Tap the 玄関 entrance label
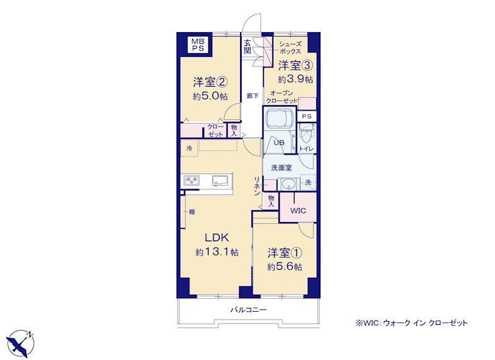(x=247, y=46)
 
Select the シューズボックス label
(x=290, y=48)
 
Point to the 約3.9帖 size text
(x=295, y=79)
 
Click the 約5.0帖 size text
(x=210, y=96)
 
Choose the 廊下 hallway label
(x=252, y=96)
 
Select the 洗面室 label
(x=282, y=168)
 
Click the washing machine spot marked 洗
(x=308, y=182)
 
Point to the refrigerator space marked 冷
(x=189, y=148)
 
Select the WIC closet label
(x=298, y=210)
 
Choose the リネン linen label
(x=257, y=186)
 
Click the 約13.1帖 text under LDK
(x=217, y=252)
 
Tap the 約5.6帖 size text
(x=285, y=267)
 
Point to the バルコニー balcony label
(x=248, y=310)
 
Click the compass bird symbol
(x=21, y=341)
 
